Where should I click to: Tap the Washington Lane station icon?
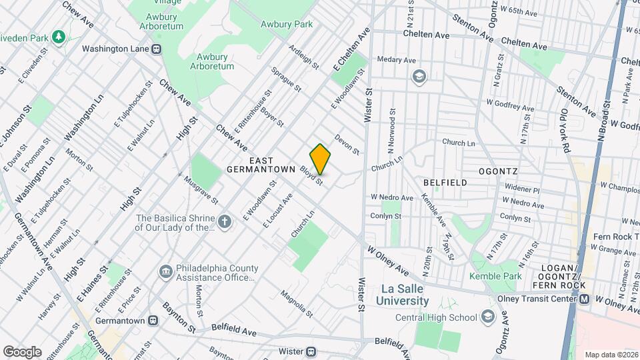click(157, 49)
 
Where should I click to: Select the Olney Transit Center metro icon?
click(585, 299)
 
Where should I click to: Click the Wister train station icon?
click(311, 351)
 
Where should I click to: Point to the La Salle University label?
click(405, 295)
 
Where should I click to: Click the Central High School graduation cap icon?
click(488, 317)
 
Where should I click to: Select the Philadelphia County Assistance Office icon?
click(165, 272)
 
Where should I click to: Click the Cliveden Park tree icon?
click(59, 35)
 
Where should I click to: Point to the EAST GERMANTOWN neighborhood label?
click(261, 165)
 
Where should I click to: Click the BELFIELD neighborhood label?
click(443, 181)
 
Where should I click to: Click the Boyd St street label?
click(311, 176)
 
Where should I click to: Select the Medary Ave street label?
click(397, 59)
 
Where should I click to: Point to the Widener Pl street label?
click(521, 189)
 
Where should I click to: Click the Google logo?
click(22, 351)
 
